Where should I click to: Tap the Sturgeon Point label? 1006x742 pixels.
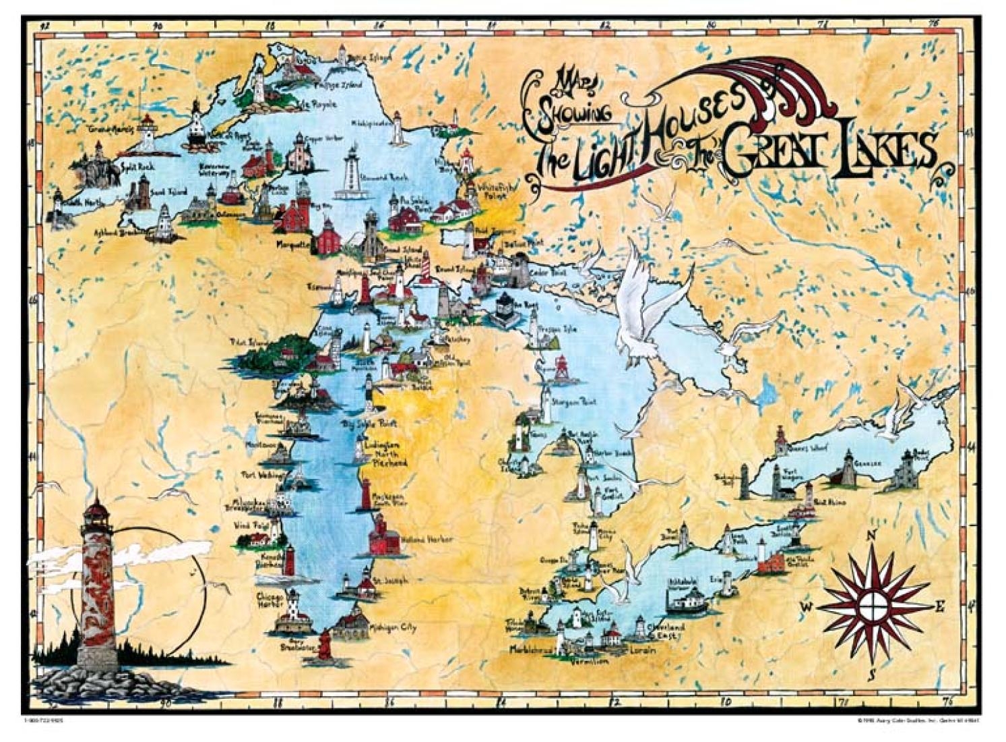[574, 402]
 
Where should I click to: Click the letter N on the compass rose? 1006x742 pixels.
[871, 535]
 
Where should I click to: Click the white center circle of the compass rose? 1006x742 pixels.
[872, 602]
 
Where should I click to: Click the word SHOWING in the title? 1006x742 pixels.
[571, 113]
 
